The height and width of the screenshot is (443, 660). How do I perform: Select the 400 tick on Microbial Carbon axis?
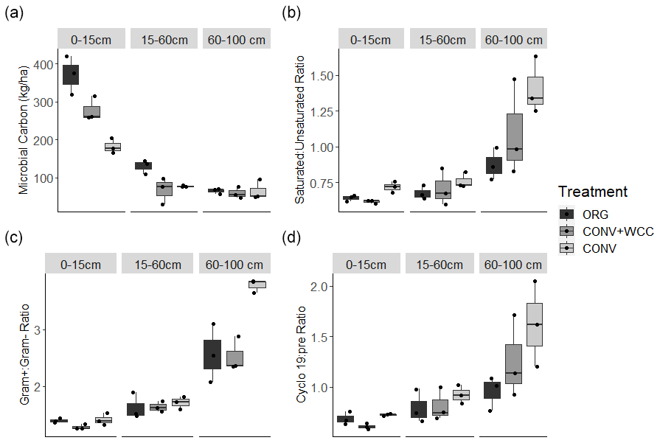coord(44,65)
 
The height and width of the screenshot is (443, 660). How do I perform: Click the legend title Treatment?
coord(593,192)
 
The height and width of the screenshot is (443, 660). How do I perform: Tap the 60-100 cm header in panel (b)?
coord(514,40)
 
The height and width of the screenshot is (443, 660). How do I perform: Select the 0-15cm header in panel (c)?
coord(81,264)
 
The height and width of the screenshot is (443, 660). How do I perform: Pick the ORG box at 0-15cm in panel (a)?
coord(71,74)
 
